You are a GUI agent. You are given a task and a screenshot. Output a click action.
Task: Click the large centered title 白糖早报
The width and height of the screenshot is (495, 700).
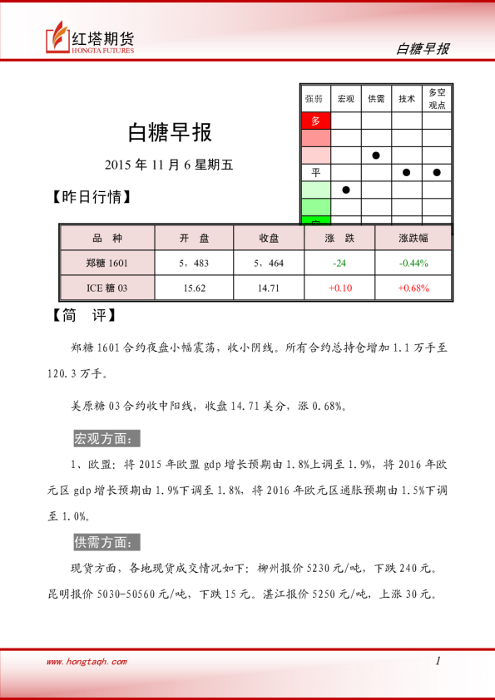[170, 131]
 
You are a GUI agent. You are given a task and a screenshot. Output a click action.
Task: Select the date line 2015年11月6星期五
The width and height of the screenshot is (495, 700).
[170, 165]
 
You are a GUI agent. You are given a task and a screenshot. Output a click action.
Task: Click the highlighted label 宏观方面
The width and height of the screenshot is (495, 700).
[107, 438]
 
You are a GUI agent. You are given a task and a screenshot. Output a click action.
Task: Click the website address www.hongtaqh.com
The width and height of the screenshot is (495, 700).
[87, 662]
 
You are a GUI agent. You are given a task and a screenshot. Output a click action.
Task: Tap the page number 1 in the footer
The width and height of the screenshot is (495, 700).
[438, 661]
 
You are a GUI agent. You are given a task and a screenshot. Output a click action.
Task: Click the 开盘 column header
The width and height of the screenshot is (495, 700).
[195, 239]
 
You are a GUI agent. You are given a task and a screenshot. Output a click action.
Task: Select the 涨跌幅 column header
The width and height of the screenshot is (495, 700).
[413, 239]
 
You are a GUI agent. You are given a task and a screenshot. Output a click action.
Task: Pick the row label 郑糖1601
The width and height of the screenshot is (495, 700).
[107, 263]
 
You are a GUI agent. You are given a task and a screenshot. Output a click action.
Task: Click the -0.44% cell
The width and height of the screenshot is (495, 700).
[413, 263]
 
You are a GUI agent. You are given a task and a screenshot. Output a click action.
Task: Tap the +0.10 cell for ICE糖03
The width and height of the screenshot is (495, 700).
[339, 288]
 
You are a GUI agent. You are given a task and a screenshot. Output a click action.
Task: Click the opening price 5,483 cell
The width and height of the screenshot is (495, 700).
[195, 263]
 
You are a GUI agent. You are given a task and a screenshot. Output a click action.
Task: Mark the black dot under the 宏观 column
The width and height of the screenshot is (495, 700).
[346, 190]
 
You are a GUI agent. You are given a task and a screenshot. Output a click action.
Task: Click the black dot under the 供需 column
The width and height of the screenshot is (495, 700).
[376, 155]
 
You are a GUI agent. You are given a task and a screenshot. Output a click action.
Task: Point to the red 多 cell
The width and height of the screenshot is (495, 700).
[316, 121]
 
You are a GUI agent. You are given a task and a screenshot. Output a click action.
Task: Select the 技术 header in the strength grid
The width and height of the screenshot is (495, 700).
[407, 99]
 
